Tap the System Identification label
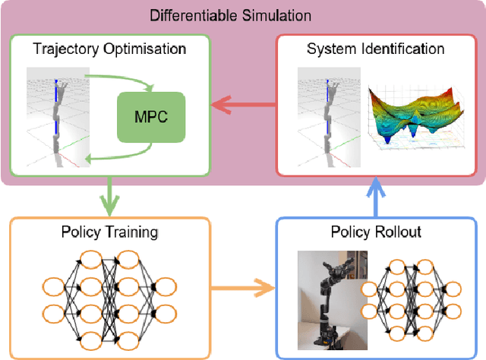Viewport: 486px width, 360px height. click(x=375, y=49)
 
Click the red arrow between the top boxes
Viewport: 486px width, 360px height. click(x=241, y=106)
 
